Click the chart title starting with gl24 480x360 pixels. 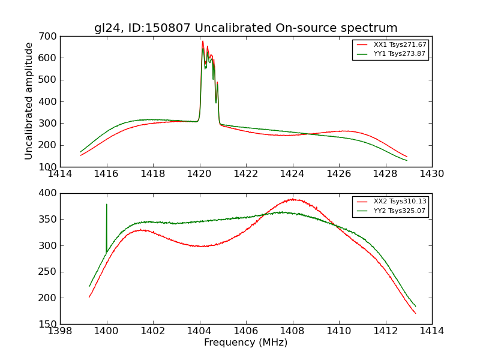(x=245, y=28)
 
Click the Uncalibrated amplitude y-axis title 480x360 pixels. (x=29, y=101)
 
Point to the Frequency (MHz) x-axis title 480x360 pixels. (x=245, y=343)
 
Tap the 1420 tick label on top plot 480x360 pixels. (x=199, y=174)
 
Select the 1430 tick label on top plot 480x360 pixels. (x=431, y=174)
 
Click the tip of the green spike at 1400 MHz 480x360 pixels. (x=107, y=205)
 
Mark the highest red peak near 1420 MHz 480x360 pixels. (x=203, y=41)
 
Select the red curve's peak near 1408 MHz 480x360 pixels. (x=292, y=199)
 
